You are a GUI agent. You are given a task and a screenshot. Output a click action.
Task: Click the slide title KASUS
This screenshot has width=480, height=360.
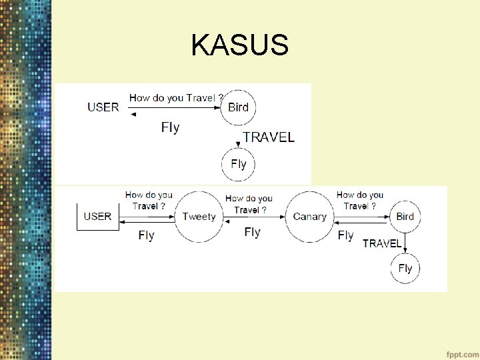(239, 45)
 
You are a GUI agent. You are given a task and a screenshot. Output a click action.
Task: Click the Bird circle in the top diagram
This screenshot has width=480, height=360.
(238, 107)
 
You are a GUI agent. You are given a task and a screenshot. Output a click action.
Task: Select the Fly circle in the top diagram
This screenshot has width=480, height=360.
(238, 163)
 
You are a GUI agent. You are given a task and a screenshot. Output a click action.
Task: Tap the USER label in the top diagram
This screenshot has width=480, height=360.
(103, 107)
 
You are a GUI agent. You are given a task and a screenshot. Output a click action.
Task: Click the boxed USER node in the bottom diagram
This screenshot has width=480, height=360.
(97, 216)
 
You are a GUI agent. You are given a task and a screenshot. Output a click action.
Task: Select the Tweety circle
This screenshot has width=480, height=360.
(199, 216)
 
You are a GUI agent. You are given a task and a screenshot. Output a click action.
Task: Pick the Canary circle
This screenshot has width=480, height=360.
(310, 216)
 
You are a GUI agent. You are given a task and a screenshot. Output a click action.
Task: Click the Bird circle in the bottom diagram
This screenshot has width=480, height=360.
(405, 216)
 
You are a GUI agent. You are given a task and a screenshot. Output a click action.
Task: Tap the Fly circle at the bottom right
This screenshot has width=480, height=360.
(405, 269)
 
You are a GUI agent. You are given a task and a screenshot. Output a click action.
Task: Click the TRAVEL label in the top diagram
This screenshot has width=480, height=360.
(269, 137)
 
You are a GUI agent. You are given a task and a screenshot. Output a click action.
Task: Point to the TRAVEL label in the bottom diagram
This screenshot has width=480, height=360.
(382, 243)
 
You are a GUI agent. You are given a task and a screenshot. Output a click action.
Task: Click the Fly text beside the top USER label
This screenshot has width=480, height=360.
(170, 127)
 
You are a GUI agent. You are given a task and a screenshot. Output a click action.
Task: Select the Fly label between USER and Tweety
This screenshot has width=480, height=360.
(146, 235)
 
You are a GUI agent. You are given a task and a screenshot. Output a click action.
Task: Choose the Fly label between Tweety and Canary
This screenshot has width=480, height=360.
(252, 232)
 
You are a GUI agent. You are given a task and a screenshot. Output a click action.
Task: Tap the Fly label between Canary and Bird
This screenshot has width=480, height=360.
(345, 235)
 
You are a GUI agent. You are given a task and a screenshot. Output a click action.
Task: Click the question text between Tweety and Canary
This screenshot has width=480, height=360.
(249, 204)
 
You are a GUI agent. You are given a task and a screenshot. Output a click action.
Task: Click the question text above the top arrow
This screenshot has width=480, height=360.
(176, 98)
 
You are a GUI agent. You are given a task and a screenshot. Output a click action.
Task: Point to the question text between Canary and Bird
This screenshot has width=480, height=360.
(360, 201)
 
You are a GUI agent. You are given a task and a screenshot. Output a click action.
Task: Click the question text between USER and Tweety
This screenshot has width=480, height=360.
(149, 201)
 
